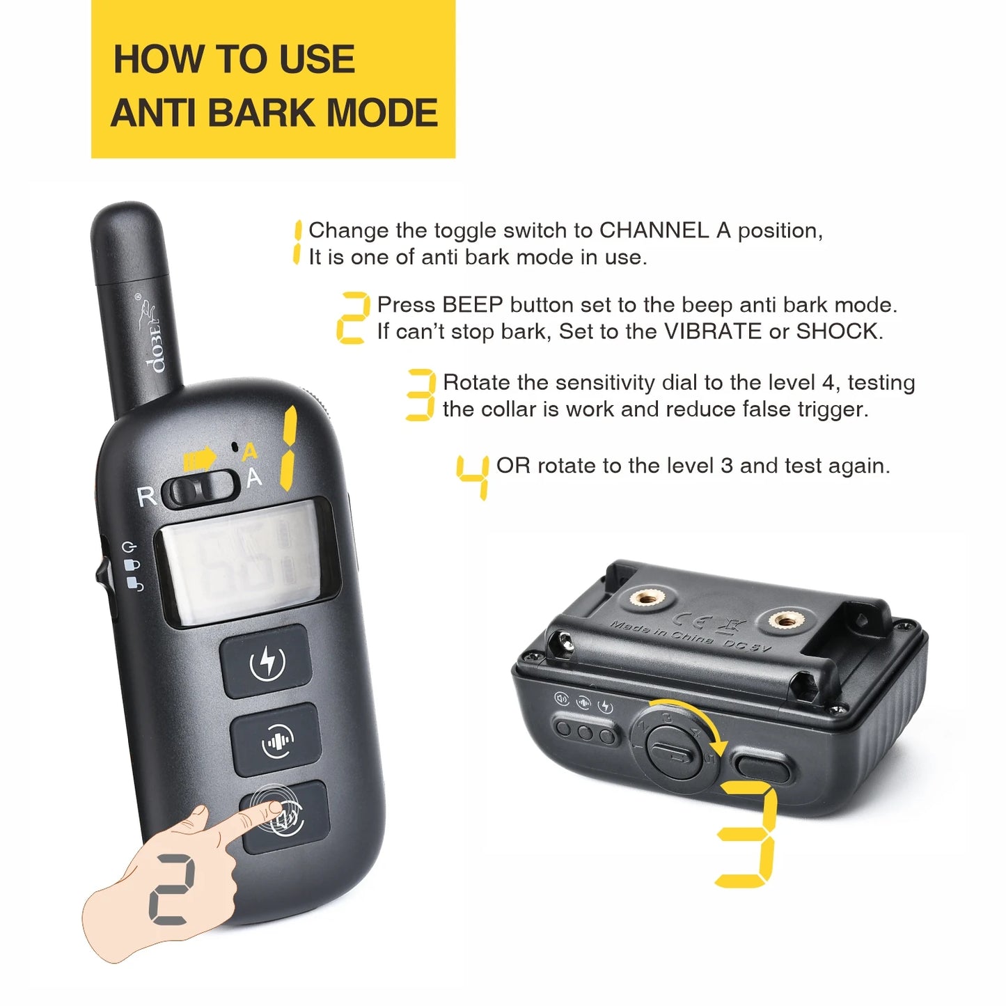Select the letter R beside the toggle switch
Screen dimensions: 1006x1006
tap(146, 497)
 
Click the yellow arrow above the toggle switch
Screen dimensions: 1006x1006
tap(200, 459)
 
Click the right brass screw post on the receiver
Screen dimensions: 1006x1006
tap(785, 619)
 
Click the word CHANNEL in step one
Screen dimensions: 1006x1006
tap(654, 230)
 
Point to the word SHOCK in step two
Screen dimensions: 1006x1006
tap(838, 331)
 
